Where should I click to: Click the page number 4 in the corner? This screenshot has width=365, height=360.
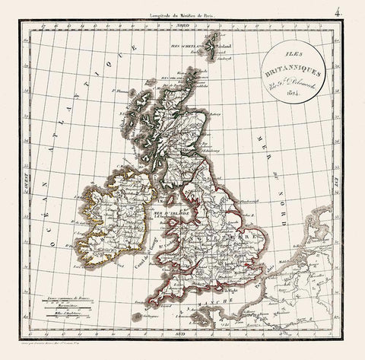coord(354,10)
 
